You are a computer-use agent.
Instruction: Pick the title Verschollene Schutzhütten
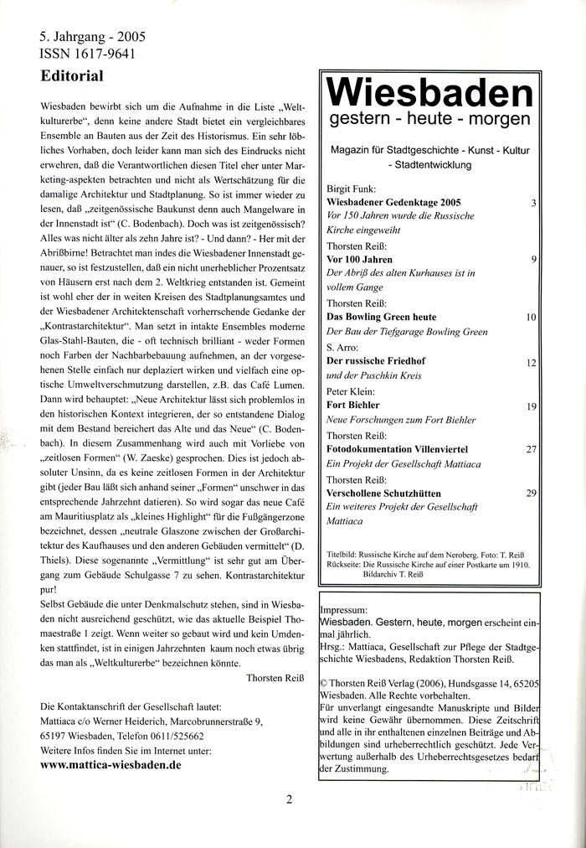click(383, 494)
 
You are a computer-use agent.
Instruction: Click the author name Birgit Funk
click(350, 189)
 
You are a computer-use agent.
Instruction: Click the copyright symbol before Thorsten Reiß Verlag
click(325, 658)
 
